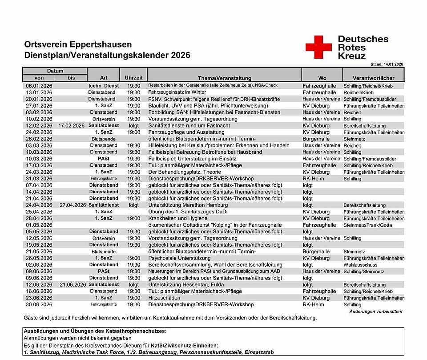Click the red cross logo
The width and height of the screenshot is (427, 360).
pos(318,47)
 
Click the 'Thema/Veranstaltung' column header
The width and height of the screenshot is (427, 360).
pos(224,78)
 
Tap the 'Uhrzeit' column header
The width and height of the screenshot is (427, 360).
pos(134,78)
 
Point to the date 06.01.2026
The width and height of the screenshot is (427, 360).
pos(39,86)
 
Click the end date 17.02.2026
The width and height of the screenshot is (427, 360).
pos(71,126)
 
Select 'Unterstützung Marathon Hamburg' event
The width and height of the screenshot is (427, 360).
pos(188,205)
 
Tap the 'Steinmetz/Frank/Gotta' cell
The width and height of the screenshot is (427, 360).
pos(368,225)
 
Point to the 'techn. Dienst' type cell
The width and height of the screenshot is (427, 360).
pos(104,86)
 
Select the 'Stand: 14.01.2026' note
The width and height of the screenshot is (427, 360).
pos(386,64)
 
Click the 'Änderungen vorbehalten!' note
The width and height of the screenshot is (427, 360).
pos(376,312)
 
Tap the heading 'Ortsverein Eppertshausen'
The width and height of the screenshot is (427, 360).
pos(78,44)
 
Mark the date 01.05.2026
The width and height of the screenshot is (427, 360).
pos(39,225)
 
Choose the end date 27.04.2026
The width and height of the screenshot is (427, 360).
pos(71,205)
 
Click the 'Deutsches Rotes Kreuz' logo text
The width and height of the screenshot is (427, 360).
pos(363,47)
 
